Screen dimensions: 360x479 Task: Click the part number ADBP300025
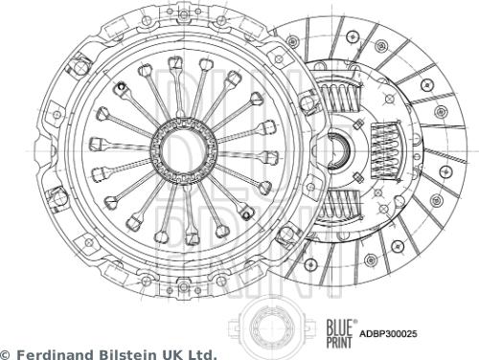388,334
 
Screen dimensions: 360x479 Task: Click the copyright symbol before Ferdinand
5,353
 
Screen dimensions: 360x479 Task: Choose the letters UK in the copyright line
167,353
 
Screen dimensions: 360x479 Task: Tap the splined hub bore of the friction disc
337,150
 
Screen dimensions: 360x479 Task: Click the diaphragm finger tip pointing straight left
96,145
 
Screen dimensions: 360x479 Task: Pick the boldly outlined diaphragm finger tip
122,89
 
